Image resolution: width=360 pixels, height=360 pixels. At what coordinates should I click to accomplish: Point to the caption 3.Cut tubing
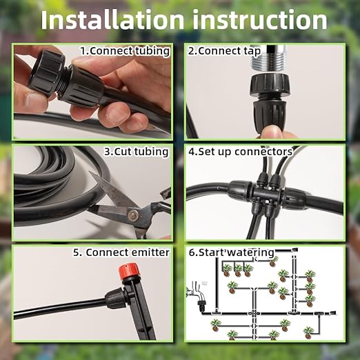[136, 151]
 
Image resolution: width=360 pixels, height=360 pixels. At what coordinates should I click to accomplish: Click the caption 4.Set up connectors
[241, 151]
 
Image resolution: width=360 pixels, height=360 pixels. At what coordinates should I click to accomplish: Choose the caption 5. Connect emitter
[121, 252]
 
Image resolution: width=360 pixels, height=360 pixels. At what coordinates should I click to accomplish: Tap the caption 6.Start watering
[232, 252]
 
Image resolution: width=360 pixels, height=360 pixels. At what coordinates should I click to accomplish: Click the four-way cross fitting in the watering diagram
[254, 312]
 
